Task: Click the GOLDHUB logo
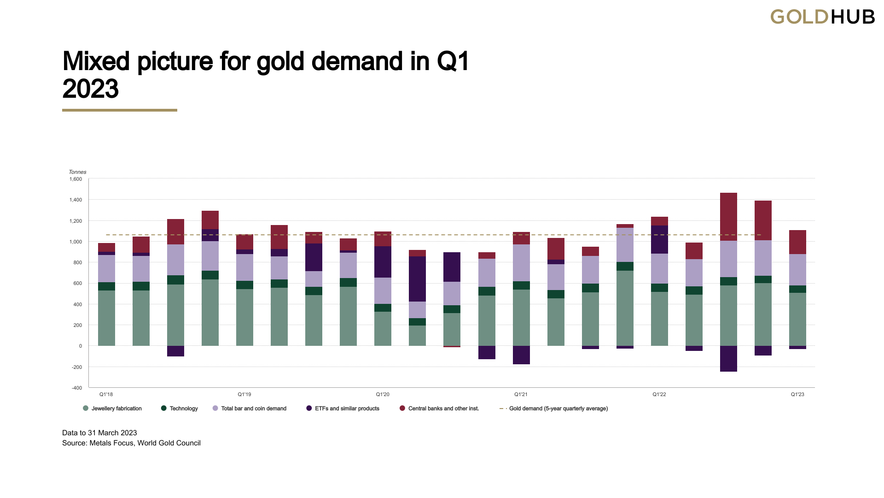tap(822, 17)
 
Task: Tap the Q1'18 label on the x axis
tap(106, 394)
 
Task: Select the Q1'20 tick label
tap(383, 394)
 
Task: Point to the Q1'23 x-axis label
tap(797, 394)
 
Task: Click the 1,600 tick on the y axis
tap(76, 179)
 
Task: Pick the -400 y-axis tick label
tap(77, 388)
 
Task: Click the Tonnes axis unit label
tap(77, 172)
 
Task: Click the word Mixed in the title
tap(96, 61)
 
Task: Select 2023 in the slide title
tap(90, 89)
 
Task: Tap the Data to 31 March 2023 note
tap(99, 433)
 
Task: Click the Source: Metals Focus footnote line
tap(131, 443)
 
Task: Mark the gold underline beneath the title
tap(120, 110)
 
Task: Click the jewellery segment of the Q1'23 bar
tap(797, 319)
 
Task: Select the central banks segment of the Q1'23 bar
tap(797, 242)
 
